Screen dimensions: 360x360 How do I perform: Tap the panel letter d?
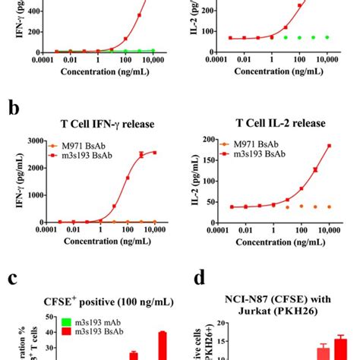200,279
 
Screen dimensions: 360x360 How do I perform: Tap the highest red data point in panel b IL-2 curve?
329,146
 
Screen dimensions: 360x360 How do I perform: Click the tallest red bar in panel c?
162,346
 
